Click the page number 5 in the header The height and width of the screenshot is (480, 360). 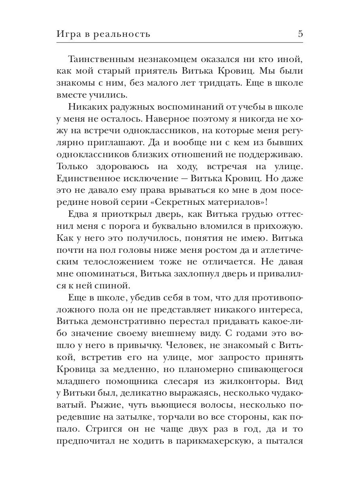[300, 34]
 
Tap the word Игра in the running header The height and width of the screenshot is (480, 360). [68, 34]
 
